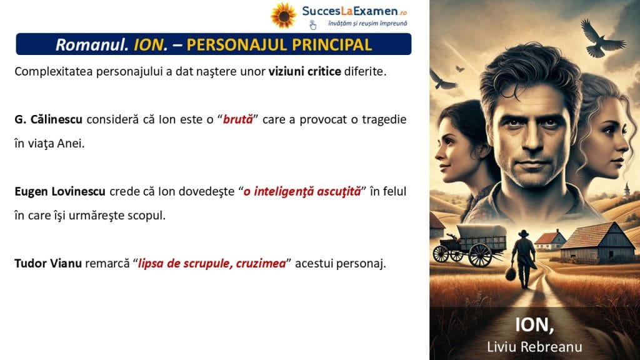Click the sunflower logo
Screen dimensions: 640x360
click(283, 16)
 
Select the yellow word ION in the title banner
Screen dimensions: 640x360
click(149, 44)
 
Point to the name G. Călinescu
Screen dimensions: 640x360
click(48, 119)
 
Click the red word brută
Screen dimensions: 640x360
click(238, 119)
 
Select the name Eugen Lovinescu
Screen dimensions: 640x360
click(60, 191)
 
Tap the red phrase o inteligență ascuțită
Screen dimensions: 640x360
click(302, 191)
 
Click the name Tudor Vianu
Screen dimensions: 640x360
click(48, 263)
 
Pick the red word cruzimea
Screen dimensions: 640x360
click(261, 263)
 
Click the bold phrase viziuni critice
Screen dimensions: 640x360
click(304, 71)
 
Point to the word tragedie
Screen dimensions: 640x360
click(384, 119)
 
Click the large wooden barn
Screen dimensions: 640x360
click(598, 243)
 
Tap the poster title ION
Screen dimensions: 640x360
click(534, 325)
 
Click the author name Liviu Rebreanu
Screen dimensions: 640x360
click(534, 346)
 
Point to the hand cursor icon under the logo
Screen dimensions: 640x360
click(312, 25)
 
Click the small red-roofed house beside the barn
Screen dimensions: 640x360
click(550, 240)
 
